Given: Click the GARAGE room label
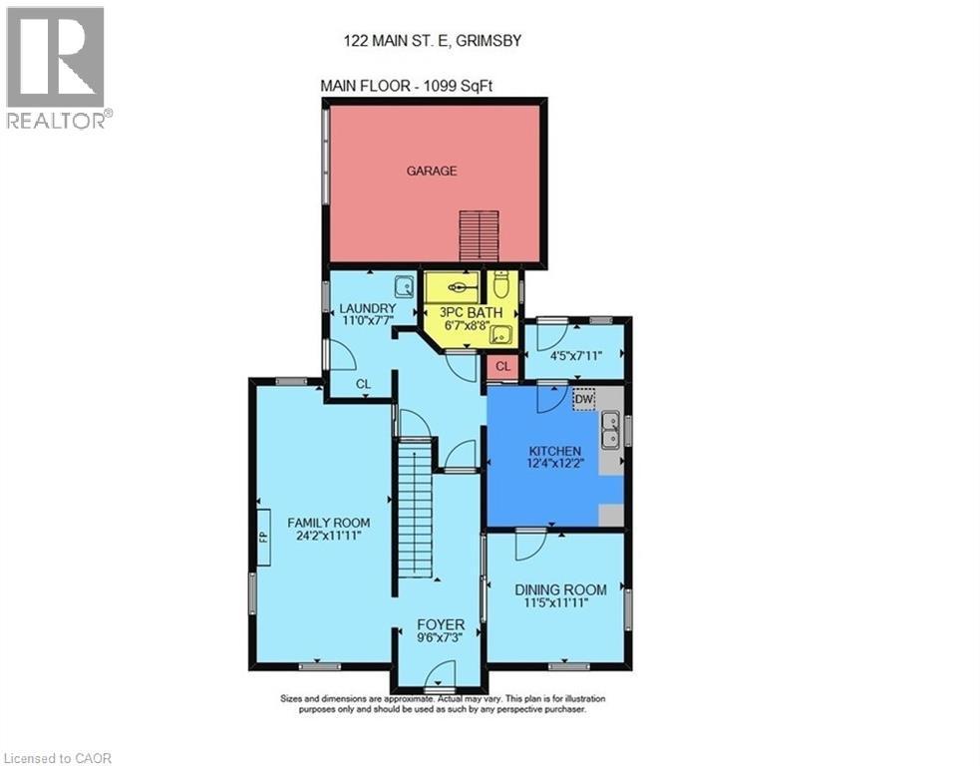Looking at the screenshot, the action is [x=432, y=171].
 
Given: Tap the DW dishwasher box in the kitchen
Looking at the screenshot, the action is [x=583, y=399].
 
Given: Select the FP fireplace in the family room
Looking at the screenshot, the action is [x=264, y=538].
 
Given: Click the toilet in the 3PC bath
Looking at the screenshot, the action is [x=500, y=285].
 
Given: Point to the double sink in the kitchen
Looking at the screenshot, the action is [x=610, y=430].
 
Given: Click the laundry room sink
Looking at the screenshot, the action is [x=405, y=287].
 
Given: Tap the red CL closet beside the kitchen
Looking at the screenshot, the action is [x=502, y=367].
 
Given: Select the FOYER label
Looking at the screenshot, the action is [x=441, y=624].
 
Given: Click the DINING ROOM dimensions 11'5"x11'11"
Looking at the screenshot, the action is [x=556, y=602].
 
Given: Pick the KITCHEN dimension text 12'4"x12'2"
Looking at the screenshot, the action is [x=554, y=464].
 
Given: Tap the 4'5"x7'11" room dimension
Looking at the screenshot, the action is [x=575, y=355].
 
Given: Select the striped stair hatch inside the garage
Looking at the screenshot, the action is [x=479, y=235].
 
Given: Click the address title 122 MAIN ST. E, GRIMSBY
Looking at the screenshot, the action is [x=433, y=41].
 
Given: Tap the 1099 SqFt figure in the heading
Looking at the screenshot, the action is [x=458, y=86].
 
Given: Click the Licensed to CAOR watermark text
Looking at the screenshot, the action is [x=56, y=758].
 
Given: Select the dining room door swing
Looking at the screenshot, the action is [x=530, y=544].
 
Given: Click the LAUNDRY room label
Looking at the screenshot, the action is [x=368, y=308].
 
